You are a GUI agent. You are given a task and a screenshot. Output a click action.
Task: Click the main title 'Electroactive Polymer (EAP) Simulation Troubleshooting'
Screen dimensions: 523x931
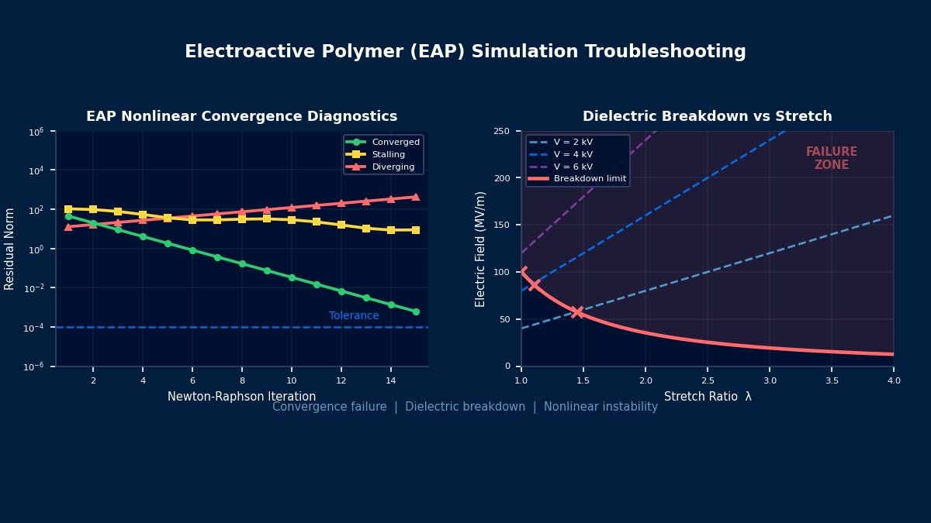click(465, 52)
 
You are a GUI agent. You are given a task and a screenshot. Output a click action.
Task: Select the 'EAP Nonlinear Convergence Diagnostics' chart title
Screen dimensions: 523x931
click(241, 117)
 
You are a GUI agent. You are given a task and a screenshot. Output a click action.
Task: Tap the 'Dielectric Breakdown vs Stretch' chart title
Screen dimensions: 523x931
click(707, 117)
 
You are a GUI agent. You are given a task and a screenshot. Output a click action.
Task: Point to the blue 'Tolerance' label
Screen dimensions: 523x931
click(354, 316)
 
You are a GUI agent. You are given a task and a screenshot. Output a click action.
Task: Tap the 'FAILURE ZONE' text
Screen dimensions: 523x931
click(832, 159)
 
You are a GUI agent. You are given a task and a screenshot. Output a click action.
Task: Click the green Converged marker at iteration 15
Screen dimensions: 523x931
click(416, 311)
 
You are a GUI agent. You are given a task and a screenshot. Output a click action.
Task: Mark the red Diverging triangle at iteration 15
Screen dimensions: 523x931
click(416, 197)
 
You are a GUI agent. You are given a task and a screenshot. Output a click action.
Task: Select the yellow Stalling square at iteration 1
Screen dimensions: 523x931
click(68, 209)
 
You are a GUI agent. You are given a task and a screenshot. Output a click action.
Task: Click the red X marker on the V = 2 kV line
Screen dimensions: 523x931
click(577, 312)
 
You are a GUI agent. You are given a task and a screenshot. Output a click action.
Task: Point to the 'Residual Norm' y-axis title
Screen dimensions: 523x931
click(10, 249)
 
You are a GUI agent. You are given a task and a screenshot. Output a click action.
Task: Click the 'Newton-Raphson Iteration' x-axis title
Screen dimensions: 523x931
click(241, 397)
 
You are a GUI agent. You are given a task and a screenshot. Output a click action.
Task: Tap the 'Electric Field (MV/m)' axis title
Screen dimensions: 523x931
click(481, 249)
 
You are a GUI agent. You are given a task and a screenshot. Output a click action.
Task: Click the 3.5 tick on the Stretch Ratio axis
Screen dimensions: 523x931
click(832, 380)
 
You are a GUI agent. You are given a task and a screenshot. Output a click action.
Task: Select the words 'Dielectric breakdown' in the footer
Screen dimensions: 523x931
click(465, 408)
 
